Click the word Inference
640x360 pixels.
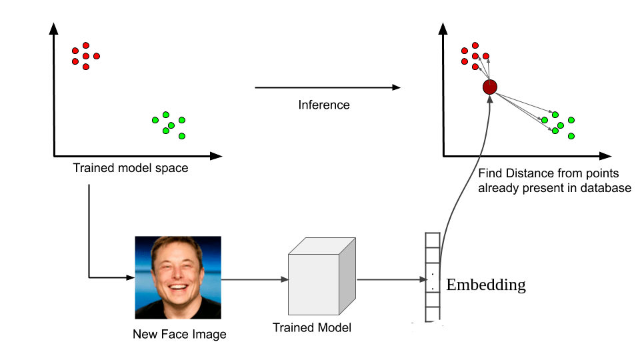324,105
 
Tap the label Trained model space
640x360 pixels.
131,169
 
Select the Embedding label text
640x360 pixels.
486,285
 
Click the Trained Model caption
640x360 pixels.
312,327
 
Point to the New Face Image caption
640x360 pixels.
179,334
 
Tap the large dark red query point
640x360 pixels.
490,87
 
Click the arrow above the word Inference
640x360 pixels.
327,87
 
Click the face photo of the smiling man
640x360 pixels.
178,278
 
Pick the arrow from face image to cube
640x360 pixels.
253,280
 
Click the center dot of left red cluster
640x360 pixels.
86,56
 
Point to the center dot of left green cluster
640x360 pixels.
171,125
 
